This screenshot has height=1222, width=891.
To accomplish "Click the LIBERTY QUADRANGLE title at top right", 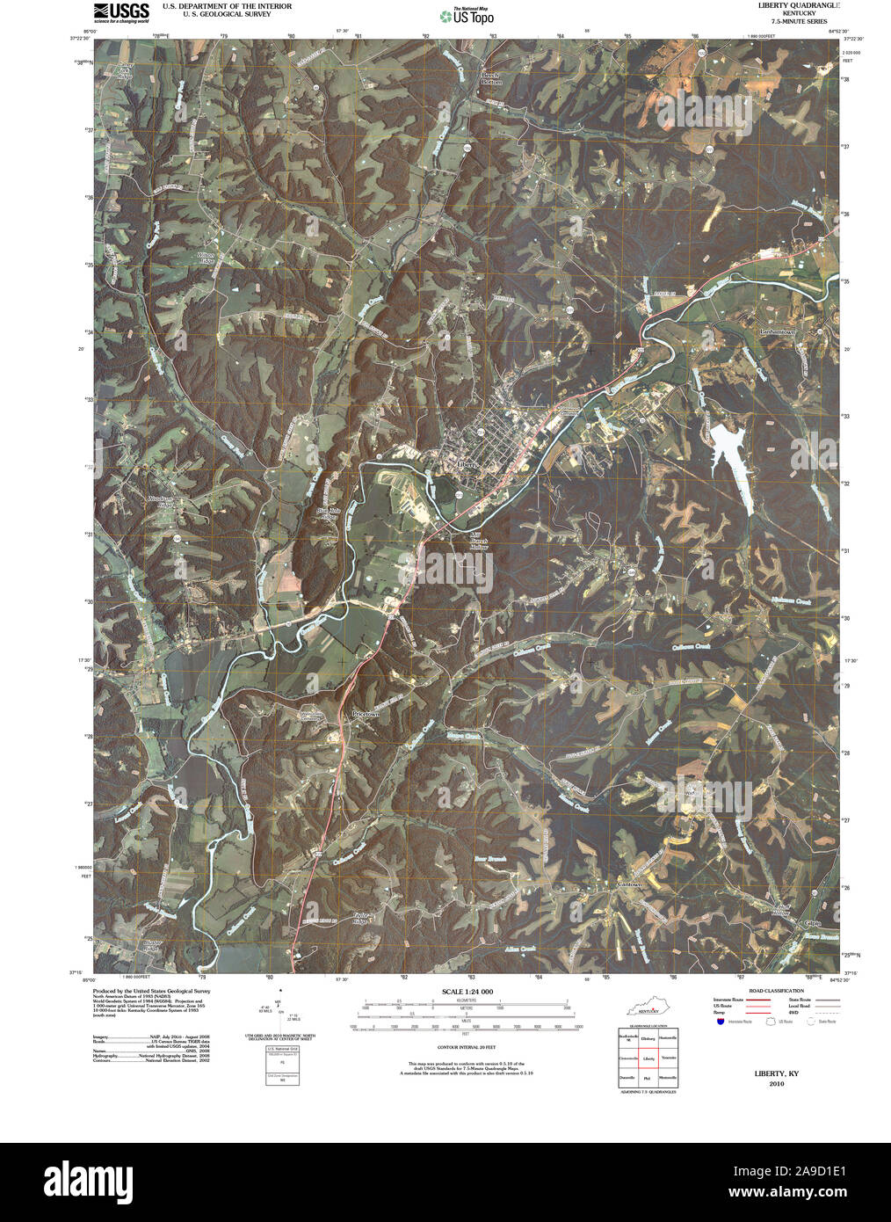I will click(792, 5).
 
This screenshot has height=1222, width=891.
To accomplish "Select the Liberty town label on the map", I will click(468, 463).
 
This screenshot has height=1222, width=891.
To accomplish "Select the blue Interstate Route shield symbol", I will click(721, 1022).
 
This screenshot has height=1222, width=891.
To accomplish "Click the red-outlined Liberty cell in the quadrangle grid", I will click(648, 1059).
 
